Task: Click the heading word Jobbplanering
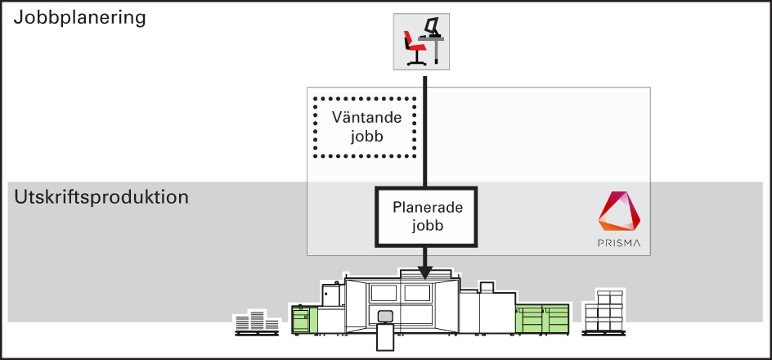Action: pos(79,18)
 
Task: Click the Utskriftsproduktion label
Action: pos(101,197)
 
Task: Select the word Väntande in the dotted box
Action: pos(366,118)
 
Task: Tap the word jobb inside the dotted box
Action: pos(367,137)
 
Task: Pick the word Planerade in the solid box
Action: pos(428,207)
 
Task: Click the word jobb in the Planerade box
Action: pos(429,226)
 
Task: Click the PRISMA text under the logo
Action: pos(619,243)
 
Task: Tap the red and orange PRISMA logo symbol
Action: pos(619,211)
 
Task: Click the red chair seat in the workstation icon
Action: pos(415,47)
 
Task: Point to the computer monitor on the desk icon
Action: pos(432,25)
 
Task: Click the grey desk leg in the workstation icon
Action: pos(436,52)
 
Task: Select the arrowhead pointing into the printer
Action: pos(425,272)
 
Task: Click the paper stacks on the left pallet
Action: pos(257,322)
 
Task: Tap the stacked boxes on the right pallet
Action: pos(604,313)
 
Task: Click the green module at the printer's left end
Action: pos(305,318)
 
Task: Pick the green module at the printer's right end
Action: pos(542,318)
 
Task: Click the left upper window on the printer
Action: pos(384,293)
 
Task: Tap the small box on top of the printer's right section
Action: pos(487,287)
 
